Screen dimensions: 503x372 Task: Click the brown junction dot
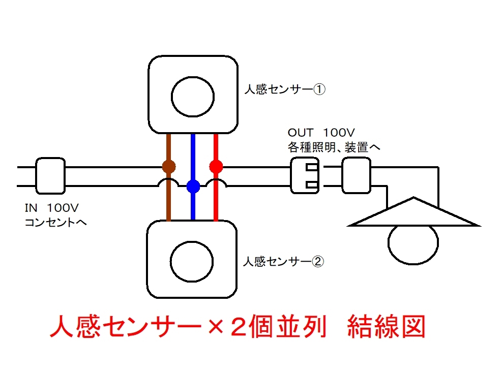169,167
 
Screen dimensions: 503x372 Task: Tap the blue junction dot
193,186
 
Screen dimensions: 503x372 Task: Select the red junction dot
216,166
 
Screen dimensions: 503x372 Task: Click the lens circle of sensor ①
192,97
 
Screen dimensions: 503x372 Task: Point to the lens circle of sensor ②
192,261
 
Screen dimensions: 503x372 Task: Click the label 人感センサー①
285,89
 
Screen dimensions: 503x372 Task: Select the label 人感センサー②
284,261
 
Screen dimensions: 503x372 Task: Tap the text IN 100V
52,208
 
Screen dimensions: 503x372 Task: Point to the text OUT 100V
321,132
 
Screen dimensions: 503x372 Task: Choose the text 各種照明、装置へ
334,147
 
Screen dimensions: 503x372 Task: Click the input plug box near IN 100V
50,176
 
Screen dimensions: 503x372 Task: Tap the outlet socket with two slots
305,176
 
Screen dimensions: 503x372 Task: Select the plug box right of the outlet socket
357,176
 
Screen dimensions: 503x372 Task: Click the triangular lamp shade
414,212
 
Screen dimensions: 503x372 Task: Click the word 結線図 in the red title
387,326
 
